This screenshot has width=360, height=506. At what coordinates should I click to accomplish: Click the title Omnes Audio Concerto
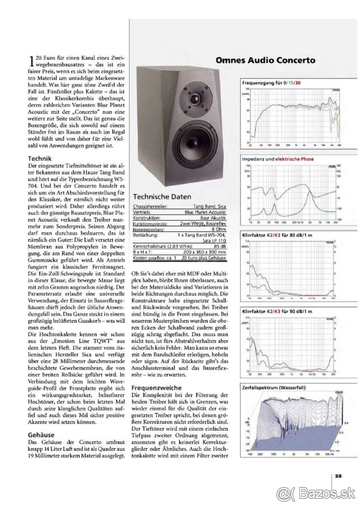[265, 60]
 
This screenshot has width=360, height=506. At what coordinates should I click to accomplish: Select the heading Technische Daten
[162, 197]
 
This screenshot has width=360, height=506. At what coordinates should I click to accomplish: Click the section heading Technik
[40, 159]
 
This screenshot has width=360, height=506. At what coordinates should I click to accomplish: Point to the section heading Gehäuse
[41, 435]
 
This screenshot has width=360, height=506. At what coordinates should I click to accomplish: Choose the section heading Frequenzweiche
[157, 388]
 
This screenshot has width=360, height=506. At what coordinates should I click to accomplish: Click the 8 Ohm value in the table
[218, 229]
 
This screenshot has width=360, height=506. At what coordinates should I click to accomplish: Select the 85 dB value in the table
[219, 246]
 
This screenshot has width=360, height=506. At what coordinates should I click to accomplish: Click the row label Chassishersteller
[150, 207]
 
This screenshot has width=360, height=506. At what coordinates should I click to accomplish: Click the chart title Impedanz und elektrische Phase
[278, 159]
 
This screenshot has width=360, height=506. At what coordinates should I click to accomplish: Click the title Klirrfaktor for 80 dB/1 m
[277, 234]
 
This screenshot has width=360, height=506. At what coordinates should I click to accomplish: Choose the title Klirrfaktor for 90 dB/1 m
[277, 312]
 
